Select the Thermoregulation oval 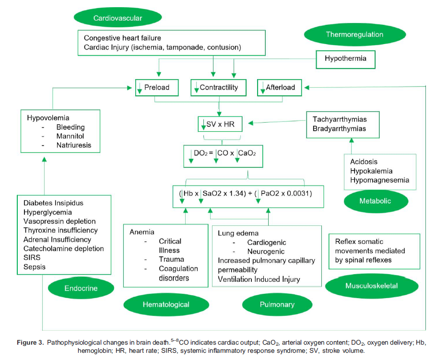click(354, 35)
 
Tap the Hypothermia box click(345, 58)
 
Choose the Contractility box click(218, 88)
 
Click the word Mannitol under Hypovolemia click(70, 136)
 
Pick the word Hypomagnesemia click(379, 180)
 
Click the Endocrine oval click(81, 288)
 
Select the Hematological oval click(166, 304)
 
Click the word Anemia click(142, 232)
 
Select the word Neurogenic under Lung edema click(266, 251)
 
